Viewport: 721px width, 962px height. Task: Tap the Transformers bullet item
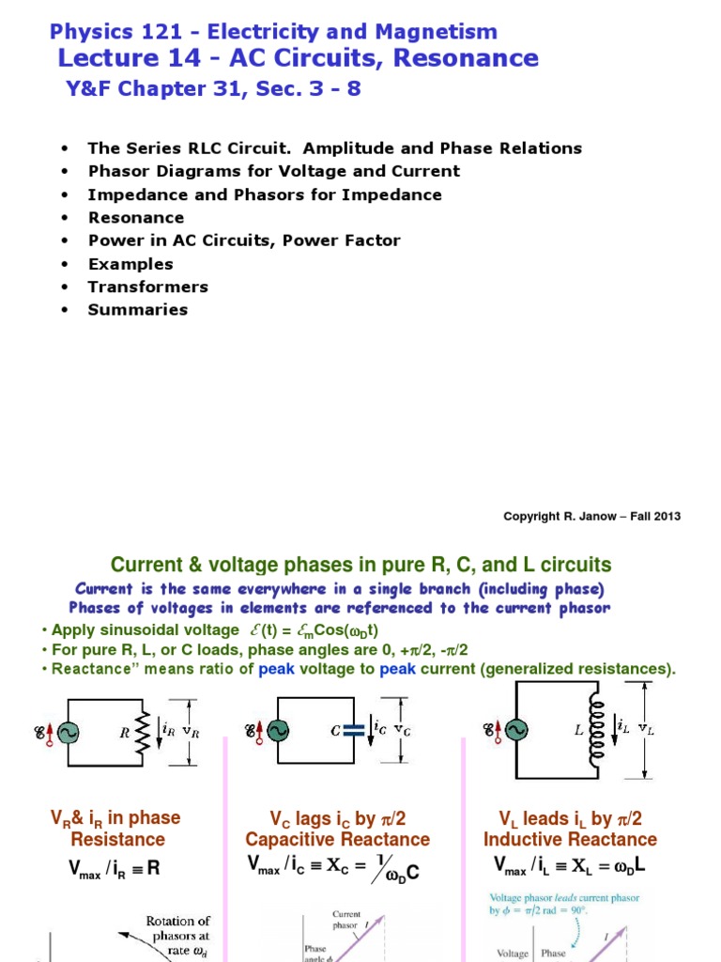pos(147,287)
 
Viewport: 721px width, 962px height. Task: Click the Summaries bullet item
pos(137,309)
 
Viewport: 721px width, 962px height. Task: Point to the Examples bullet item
pos(130,264)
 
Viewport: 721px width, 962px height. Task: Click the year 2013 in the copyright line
pos(666,516)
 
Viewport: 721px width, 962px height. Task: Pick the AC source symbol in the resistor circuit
pos(68,730)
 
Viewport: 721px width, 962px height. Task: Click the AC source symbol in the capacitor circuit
pos(278,730)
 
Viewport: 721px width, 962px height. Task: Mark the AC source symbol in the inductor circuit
pos(515,730)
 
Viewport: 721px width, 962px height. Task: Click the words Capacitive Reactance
pos(337,840)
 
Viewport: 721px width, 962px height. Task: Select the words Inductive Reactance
pos(570,840)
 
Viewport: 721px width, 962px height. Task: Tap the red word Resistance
pos(117,840)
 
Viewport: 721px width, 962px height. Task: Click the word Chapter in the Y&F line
pos(164,89)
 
